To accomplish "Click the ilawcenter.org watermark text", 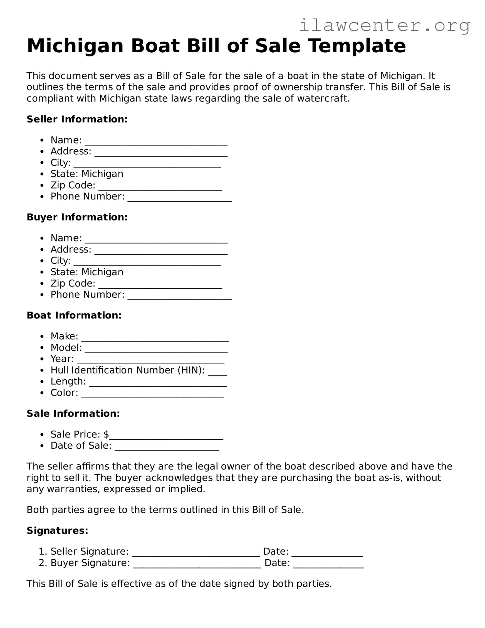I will coord(384,25).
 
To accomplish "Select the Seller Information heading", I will coord(77,119).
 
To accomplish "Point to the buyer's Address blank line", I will coord(161,251).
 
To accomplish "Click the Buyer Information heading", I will coord(77,217).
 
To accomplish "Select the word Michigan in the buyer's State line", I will coord(102,272).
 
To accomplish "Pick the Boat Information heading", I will coord(74,315).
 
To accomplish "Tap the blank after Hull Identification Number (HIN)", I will coord(217,372).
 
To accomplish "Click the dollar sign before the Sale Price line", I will coord(106,435).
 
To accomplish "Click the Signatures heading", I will coord(57,531).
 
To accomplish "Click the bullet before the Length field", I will coord(42,382).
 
